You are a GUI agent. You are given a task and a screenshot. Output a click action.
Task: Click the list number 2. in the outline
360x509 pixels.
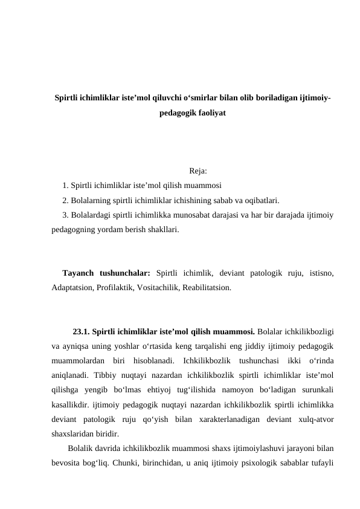[66, 200]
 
